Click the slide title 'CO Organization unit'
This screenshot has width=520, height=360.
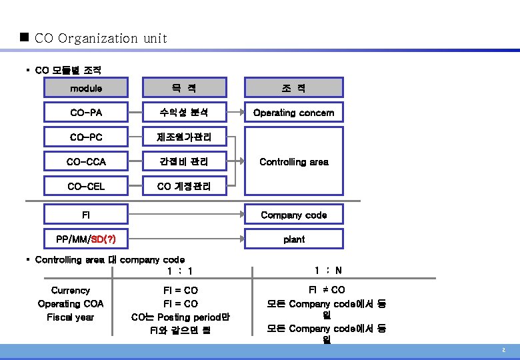100,38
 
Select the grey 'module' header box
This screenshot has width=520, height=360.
86,87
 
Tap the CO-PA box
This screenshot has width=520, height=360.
86,112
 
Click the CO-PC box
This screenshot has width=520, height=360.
86,137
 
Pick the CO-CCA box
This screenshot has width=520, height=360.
86,161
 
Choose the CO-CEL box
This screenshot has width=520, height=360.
86,186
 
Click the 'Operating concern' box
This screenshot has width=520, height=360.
293,112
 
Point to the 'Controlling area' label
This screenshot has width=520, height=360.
293,161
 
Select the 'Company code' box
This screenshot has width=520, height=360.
293,214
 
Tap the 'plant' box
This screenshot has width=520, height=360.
293,239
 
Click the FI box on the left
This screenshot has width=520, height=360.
86,214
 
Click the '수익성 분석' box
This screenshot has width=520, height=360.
183,112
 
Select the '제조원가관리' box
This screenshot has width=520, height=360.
183,137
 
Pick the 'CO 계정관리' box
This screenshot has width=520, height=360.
183,186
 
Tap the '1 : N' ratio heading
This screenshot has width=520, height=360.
328,270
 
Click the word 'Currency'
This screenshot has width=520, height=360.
70,290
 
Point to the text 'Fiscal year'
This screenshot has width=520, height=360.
70,317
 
